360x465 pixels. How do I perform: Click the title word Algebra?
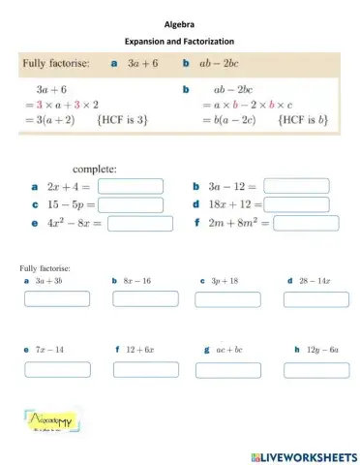click(x=180, y=24)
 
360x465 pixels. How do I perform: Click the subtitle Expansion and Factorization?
click(x=180, y=41)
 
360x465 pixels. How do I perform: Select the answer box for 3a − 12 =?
click(x=296, y=186)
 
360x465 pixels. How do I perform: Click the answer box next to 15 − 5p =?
click(x=130, y=204)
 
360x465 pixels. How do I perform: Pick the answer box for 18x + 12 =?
click(x=296, y=204)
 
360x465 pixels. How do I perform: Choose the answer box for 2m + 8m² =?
click(x=306, y=224)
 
